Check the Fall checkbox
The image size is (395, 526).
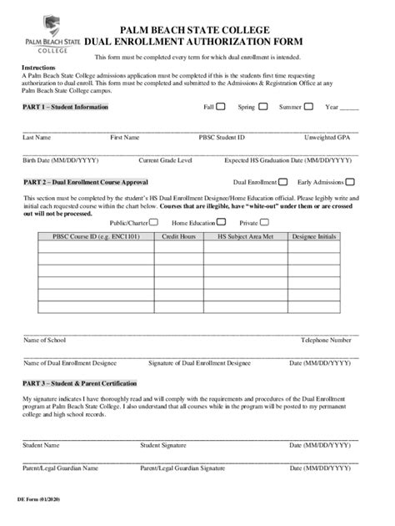[221, 107]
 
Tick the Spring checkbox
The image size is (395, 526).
[263, 107]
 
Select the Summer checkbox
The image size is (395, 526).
[308, 107]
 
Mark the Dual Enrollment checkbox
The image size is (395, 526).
[283, 181]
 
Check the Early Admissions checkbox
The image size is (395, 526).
[350, 181]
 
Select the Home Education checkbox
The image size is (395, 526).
[221, 223]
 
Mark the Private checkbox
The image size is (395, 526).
[267, 223]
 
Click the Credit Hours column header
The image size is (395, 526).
[178, 237]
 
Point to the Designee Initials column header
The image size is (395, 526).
[314, 237]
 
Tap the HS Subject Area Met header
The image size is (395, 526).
[245, 237]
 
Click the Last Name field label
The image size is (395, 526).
[37, 136]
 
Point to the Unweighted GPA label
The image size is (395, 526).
[327, 136]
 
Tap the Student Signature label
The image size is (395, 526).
[163, 445]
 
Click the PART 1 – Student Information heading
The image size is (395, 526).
[66, 108]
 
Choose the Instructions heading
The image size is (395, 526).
[38, 66]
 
